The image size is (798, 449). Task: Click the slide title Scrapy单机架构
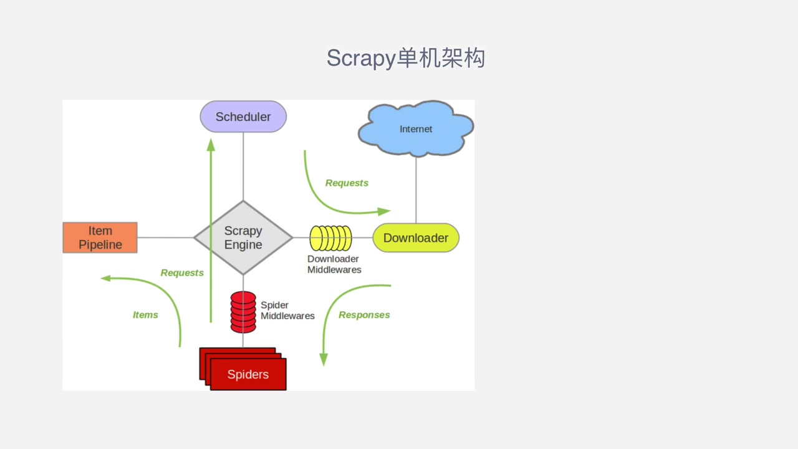tap(406, 58)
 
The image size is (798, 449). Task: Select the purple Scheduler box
tap(243, 117)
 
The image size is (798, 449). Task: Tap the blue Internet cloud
tap(416, 129)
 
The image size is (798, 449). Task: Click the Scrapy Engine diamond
tap(243, 238)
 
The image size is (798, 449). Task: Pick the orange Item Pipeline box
tap(100, 238)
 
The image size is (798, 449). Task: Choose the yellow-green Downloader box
tap(416, 238)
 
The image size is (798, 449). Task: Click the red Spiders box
tap(248, 374)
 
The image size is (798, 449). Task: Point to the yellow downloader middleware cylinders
tap(331, 238)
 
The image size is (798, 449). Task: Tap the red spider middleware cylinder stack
tap(243, 312)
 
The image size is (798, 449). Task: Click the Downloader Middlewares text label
tap(334, 264)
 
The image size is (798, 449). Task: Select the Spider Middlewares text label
tap(287, 311)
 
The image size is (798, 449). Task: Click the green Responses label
tap(364, 315)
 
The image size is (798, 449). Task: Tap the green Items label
tap(145, 315)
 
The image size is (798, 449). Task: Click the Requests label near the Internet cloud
tap(347, 183)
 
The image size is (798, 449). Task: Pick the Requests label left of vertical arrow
tap(182, 273)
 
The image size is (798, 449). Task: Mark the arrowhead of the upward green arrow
tap(211, 145)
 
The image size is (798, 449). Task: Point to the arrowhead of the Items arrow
tap(105, 278)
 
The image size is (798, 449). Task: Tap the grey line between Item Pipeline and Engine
tap(165, 238)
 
